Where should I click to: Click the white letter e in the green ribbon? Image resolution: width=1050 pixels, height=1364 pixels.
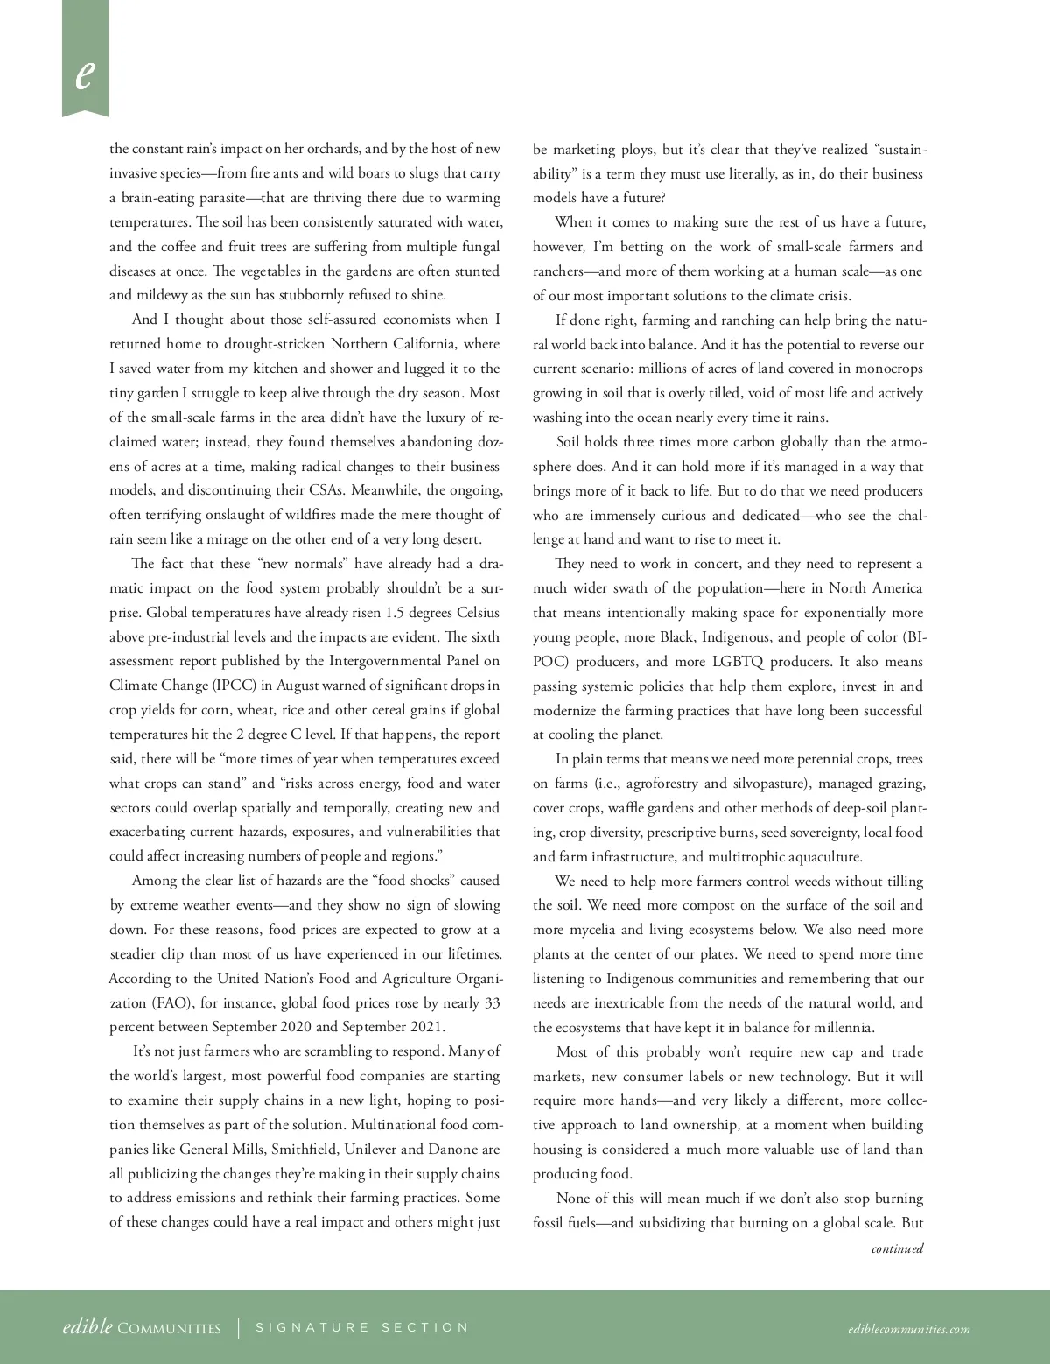click(x=84, y=74)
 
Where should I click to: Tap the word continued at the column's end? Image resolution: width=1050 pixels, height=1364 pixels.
click(x=897, y=1248)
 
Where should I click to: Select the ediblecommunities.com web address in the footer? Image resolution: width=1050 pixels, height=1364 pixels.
click(x=908, y=1329)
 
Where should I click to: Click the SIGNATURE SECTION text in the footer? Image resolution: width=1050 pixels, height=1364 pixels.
click(x=362, y=1327)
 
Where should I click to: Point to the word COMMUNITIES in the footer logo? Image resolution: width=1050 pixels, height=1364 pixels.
click(x=169, y=1329)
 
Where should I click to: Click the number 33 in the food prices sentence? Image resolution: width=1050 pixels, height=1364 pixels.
click(x=492, y=1003)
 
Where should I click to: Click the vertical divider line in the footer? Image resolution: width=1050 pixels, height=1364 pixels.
click(x=239, y=1328)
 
